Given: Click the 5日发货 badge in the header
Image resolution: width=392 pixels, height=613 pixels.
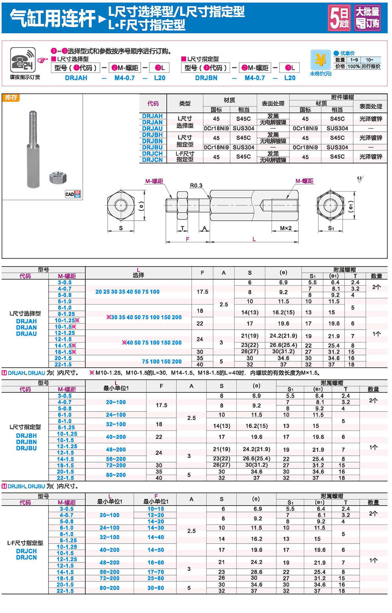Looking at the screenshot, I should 339,18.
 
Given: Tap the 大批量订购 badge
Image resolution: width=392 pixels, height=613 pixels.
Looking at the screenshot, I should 367,18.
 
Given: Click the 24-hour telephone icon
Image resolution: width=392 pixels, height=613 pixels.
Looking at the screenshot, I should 22,60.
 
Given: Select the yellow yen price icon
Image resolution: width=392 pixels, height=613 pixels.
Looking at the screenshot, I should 320,60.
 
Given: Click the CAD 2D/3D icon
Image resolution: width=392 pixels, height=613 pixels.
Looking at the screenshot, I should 73,194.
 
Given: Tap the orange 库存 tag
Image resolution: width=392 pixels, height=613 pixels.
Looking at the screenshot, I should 11,98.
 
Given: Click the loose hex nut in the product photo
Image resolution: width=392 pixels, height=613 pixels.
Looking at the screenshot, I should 58,178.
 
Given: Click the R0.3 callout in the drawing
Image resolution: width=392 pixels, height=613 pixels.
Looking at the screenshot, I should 196,185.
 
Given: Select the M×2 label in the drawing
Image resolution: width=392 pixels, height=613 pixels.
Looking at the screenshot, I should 285,228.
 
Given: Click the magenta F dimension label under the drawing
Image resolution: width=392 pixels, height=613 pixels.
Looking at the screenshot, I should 187,239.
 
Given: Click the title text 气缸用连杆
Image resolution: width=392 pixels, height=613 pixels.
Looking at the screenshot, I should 53,18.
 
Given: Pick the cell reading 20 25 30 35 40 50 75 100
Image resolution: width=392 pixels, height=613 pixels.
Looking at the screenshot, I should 127,292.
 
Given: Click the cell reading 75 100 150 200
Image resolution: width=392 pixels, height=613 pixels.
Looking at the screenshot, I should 162,361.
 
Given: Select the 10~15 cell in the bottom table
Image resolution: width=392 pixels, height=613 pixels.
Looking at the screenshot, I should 156,509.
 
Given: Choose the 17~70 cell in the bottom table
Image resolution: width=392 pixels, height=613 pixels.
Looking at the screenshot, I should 156,572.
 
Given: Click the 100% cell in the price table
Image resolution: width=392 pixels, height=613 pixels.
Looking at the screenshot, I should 353,66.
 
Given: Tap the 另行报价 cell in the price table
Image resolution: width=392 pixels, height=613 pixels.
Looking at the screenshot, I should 370,66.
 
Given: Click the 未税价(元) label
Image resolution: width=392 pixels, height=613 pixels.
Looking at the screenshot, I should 320,74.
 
